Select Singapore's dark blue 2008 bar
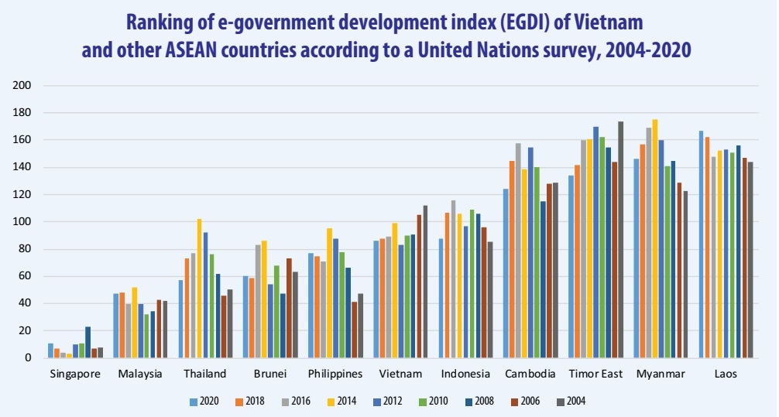pyautogui.click(x=88, y=342)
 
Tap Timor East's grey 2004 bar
pyautogui.click(x=621, y=240)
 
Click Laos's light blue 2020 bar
pyautogui.click(x=701, y=244)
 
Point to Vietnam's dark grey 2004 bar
pyautogui.click(x=425, y=282)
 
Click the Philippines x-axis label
pyautogui.click(x=335, y=374)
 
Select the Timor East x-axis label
pyautogui.click(x=595, y=374)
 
